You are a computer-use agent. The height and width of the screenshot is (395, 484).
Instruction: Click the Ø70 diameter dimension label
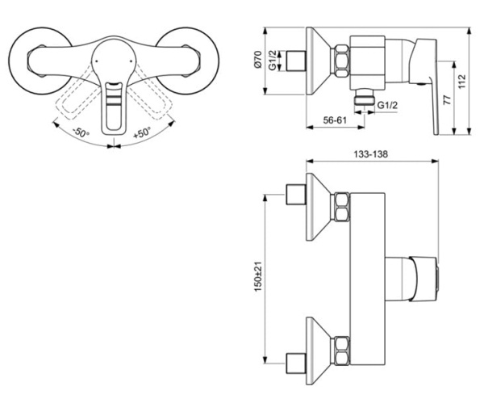point(258,59)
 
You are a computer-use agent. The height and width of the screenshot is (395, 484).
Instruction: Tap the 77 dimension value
point(447,100)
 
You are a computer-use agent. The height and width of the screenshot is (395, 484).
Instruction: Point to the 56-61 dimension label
point(335,120)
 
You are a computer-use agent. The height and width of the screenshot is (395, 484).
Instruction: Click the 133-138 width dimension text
point(370,154)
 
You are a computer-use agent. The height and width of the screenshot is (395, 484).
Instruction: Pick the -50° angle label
point(81,132)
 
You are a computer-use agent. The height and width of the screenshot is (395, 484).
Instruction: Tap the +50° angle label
point(142,132)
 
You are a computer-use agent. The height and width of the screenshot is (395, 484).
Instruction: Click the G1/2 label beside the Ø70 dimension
point(273,61)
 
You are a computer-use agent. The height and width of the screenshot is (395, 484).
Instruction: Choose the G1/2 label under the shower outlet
point(388,105)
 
